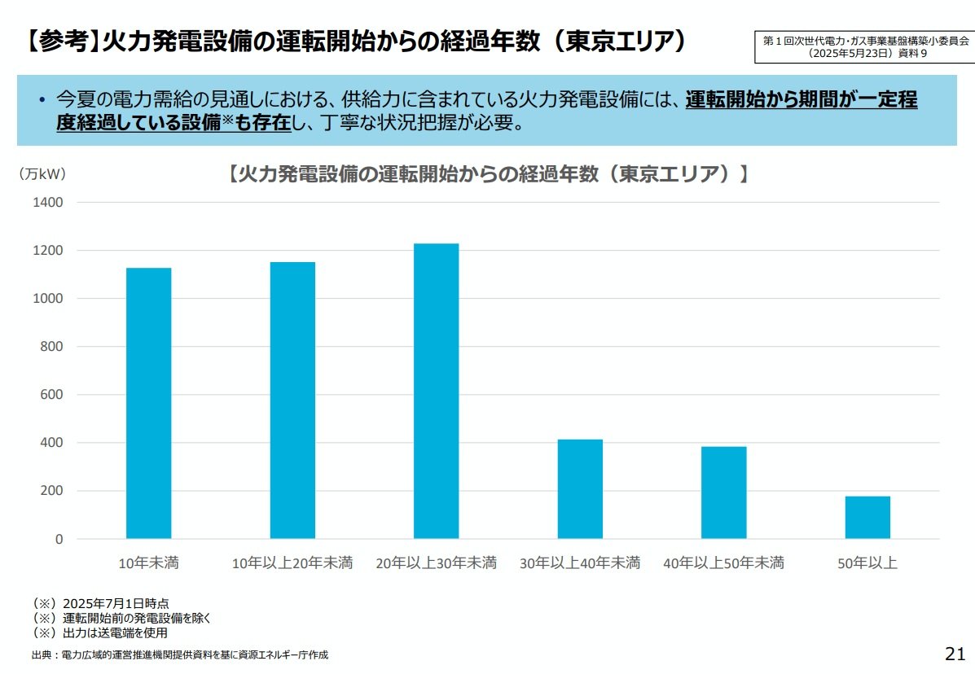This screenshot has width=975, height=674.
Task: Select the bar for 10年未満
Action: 148,403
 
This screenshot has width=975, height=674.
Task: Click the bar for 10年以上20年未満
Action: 292,400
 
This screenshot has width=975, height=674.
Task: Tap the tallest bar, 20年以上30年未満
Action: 436,391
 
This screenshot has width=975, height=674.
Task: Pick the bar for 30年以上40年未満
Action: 580,488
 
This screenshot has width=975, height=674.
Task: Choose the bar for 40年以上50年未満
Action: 723,492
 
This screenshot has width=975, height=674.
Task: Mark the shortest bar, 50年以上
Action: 867,517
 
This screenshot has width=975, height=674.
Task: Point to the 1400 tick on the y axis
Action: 47,203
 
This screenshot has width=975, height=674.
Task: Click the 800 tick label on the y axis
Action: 51,347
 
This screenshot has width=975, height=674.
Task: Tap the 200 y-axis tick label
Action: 51,491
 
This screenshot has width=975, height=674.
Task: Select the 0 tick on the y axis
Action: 59,539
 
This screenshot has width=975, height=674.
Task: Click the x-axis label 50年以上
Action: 867,563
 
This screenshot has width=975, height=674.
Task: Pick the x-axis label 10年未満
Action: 148,563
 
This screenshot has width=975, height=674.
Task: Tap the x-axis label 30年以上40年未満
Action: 580,563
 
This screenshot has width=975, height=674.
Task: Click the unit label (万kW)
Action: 42,173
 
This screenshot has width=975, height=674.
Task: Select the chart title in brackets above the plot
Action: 486,174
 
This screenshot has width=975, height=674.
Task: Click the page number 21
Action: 955,654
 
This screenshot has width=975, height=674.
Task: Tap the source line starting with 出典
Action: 179,655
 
